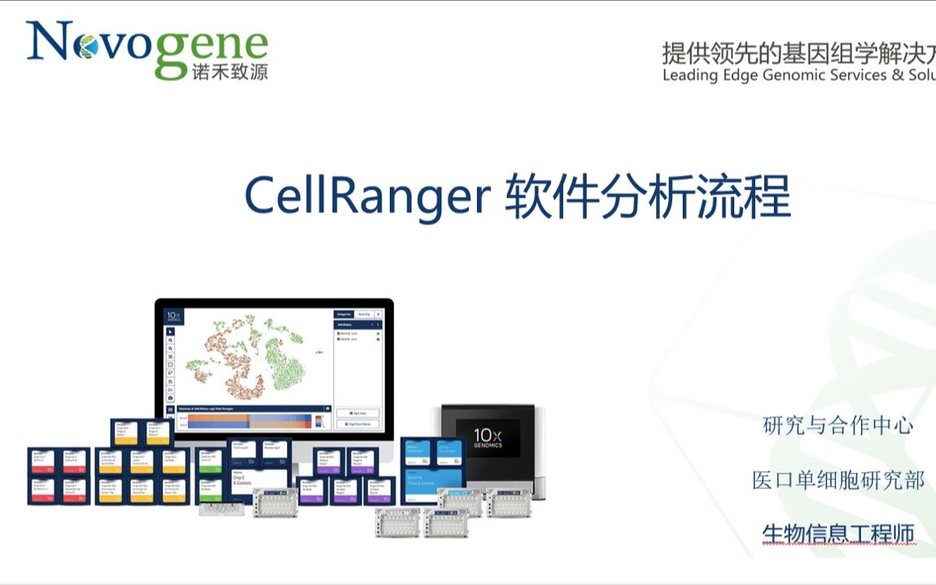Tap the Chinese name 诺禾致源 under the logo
pyautogui.click(x=230, y=72)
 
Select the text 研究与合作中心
pyautogui.click(x=838, y=426)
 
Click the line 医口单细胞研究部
pyautogui.click(x=838, y=480)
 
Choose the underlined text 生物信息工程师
pyautogui.click(x=838, y=534)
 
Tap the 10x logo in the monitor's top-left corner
pyautogui.click(x=173, y=317)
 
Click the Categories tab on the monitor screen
pyautogui.click(x=344, y=313)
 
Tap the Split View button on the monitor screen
pyautogui.click(x=356, y=413)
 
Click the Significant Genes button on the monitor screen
pyautogui.click(x=356, y=425)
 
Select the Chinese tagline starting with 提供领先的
pyautogui.click(x=798, y=54)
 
